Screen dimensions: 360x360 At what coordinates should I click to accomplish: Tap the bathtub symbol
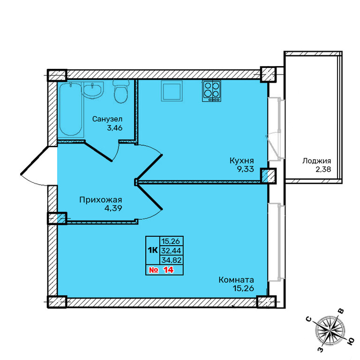[70, 109]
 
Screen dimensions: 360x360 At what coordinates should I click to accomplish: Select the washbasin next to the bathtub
[93, 90]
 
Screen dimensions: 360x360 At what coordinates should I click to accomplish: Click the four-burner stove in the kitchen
[211, 91]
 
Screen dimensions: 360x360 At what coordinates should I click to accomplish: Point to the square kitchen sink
[172, 91]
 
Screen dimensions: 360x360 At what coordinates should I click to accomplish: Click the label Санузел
[107, 119]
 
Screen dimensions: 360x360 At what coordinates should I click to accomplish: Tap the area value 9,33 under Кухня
[246, 169]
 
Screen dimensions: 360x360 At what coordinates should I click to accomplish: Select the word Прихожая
[101, 200]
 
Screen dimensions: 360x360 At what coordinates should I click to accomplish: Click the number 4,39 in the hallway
[113, 208]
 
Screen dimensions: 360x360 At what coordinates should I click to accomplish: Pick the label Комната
[236, 280]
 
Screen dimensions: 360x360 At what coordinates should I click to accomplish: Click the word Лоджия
[316, 161]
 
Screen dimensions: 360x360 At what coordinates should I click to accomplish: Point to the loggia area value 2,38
[323, 169]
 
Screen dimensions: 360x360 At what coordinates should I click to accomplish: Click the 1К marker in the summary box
[153, 250]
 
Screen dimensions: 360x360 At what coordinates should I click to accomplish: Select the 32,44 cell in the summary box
[171, 250]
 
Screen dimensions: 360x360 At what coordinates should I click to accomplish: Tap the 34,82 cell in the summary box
[172, 260]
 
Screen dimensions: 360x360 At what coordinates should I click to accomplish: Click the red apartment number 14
[169, 270]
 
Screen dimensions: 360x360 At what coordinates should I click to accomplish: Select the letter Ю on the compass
[350, 342]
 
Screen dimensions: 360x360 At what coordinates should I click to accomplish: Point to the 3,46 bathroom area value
[114, 127]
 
